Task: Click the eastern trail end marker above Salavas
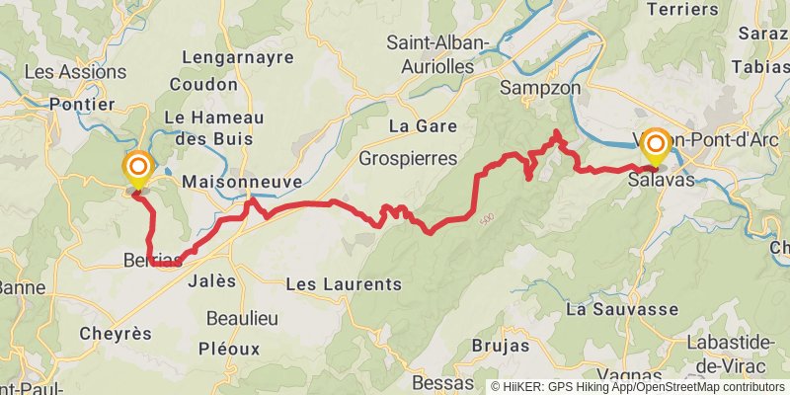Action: pyautogui.click(x=655, y=146)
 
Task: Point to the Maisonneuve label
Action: pyautogui.click(x=242, y=183)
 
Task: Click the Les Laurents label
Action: pyautogui.click(x=343, y=284)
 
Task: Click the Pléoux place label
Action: pyautogui.click(x=228, y=349)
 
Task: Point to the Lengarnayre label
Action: pyautogui.click(x=245, y=57)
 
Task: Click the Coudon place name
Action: pyautogui.click(x=203, y=84)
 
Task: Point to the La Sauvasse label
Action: pyautogui.click(x=618, y=309)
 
